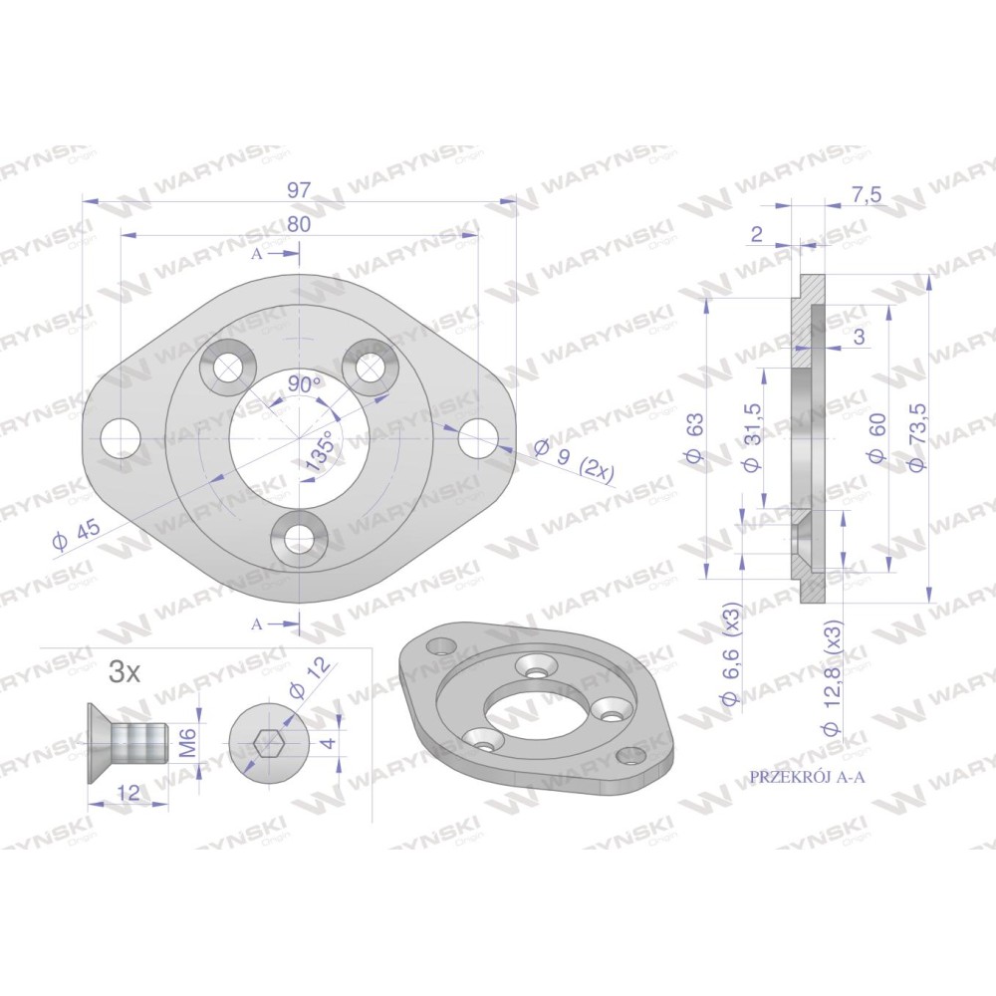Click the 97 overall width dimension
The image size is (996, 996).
coord(299,190)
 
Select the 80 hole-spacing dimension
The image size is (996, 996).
coord(299,224)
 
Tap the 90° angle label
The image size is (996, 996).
coord(305,384)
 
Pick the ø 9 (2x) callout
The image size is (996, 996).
coord(574,458)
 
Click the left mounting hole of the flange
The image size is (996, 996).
coord(121,439)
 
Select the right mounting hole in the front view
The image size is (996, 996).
coord(478,439)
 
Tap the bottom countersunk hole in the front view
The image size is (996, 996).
coord(299,539)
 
